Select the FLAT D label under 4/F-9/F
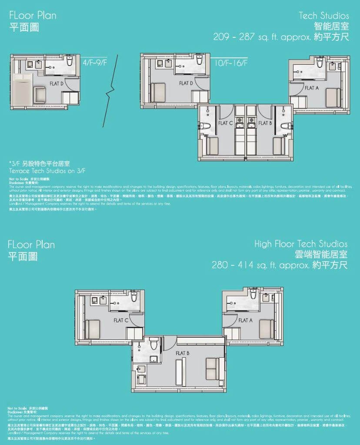(x=57, y=83)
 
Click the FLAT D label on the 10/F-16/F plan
(x=186, y=83)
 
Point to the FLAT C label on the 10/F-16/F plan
(x=226, y=123)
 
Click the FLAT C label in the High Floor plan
(x=121, y=320)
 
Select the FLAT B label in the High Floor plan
(x=182, y=353)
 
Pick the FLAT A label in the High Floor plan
(x=245, y=320)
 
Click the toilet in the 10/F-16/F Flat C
(x=207, y=126)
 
